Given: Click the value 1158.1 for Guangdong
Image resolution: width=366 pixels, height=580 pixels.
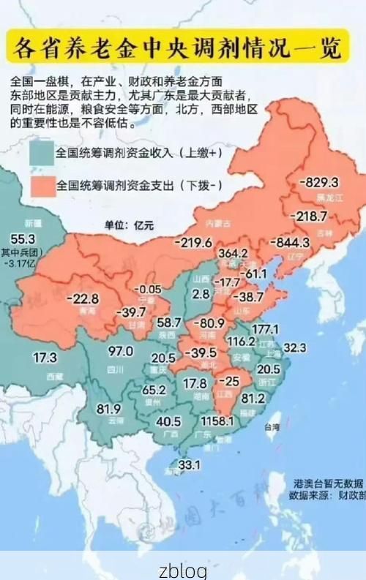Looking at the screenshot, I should pyautogui.click(x=218, y=422).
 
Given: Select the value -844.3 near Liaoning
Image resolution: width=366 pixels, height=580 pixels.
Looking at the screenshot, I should pyautogui.click(x=292, y=242).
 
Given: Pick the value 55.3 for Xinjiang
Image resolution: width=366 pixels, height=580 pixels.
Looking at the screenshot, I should pyautogui.click(x=23, y=238).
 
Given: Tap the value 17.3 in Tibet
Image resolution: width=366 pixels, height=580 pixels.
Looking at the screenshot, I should pyautogui.click(x=45, y=358).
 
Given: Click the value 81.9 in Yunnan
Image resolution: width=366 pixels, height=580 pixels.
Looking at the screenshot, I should pyautogui.click(x=108, y=408).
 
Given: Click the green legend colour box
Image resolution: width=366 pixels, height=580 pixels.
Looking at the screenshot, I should pyautogui.click(x=42, y=154).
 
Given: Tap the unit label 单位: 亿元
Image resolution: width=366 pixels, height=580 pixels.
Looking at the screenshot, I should pyautogui.click(x=129, y=225).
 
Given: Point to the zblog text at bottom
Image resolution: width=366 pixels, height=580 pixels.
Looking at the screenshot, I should pyautogui.click(x=183, y=569).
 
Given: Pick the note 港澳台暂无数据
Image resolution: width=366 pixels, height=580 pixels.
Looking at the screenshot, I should pyautogui.click(x=328, y=483).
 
